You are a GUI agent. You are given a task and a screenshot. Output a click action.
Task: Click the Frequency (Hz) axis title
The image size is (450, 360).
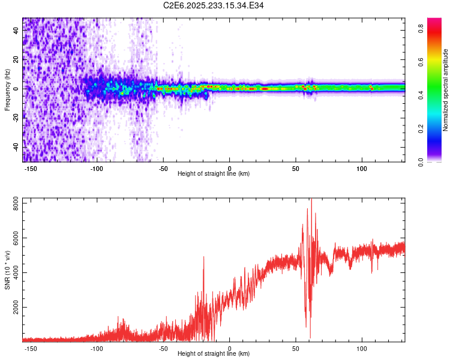click(x=7, y=90)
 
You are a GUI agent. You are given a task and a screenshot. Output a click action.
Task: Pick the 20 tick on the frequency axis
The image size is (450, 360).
click(x=16, y=59)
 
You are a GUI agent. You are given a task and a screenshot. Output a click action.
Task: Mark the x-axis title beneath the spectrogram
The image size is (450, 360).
click(x=214, y=174)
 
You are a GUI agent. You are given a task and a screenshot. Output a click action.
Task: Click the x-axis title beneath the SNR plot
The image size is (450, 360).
click(x=214, y=354)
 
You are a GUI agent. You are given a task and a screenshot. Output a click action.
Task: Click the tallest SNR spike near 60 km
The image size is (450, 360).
click(x=311, y=200)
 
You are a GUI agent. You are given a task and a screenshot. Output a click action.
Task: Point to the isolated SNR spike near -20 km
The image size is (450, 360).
click(x=203, y=257)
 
